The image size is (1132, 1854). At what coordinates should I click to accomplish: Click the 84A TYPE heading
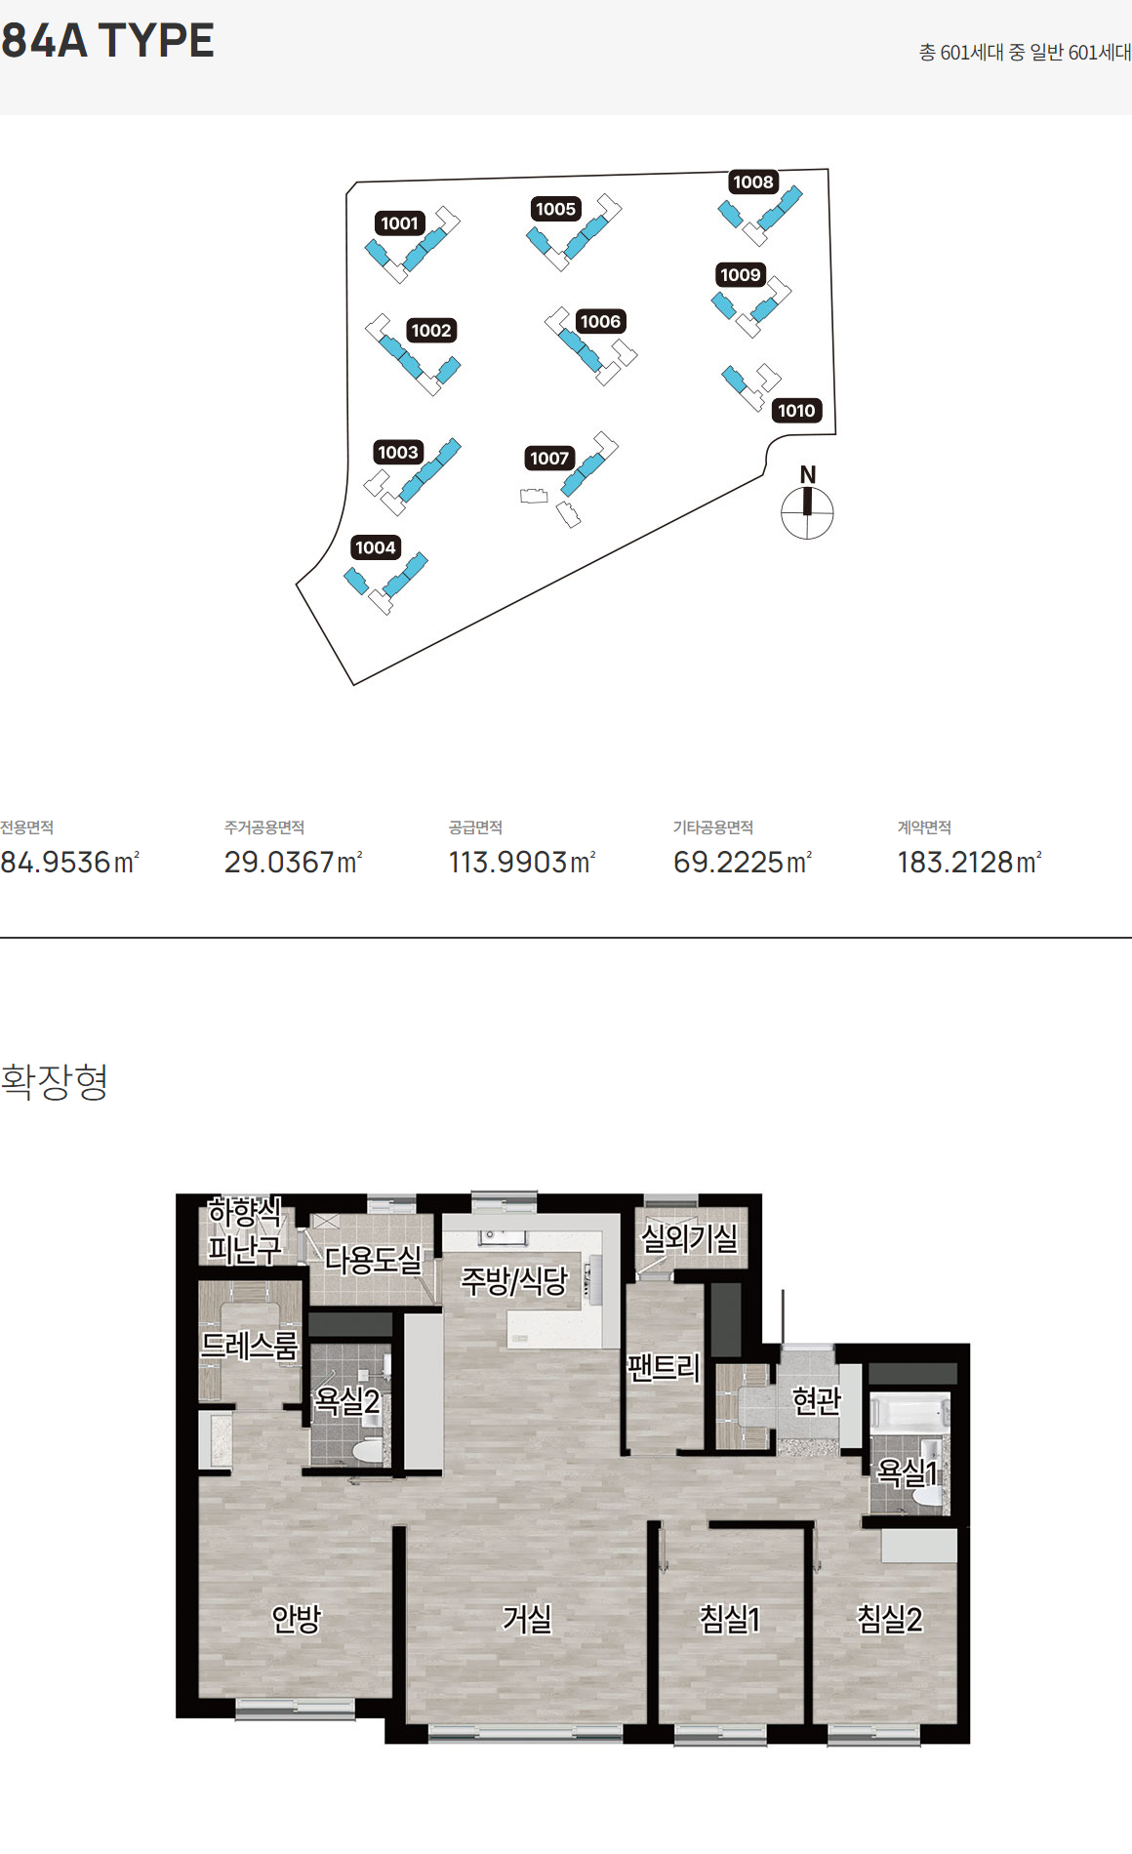tap(107, 41)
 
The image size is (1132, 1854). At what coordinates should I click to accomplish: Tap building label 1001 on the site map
tap(399, 223)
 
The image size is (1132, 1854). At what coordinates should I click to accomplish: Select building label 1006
tap(600, 322)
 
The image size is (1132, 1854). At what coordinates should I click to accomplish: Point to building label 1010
tap(796, 411)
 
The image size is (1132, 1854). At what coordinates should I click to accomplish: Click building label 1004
tap(376, 547)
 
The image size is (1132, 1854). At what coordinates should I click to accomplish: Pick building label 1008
tap(753, 182)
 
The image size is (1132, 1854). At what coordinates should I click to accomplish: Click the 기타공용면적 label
tap(712, 827)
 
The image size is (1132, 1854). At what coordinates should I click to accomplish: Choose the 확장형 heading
tap(55, 1081)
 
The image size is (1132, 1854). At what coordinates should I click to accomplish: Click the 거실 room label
tap(527, 1620)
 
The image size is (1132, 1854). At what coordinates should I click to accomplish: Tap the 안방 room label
tap(296, 1620)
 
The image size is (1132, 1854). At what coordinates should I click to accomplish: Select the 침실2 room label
tap(889, 1620)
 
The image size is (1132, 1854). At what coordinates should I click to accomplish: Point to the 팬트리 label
tap(664, 1367)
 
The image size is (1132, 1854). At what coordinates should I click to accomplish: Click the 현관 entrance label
tap(817, 1401)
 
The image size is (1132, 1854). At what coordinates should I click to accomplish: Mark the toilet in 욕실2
tap(368, 1449)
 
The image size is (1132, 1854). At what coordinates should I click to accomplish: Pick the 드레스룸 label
tap(249, 1347)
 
